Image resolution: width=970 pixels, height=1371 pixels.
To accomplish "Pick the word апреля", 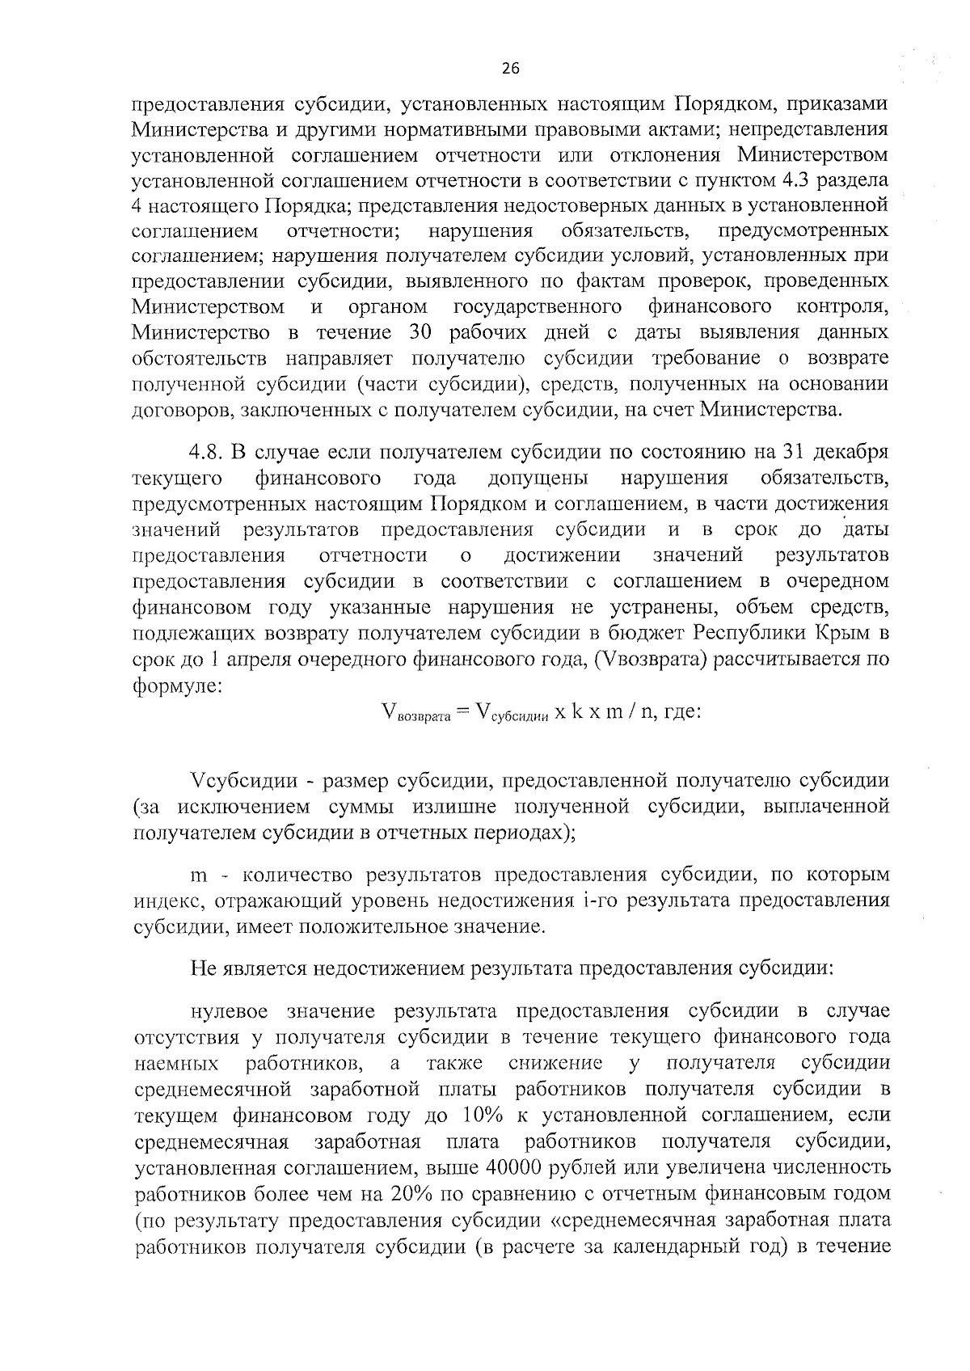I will click(x=261, y=659).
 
